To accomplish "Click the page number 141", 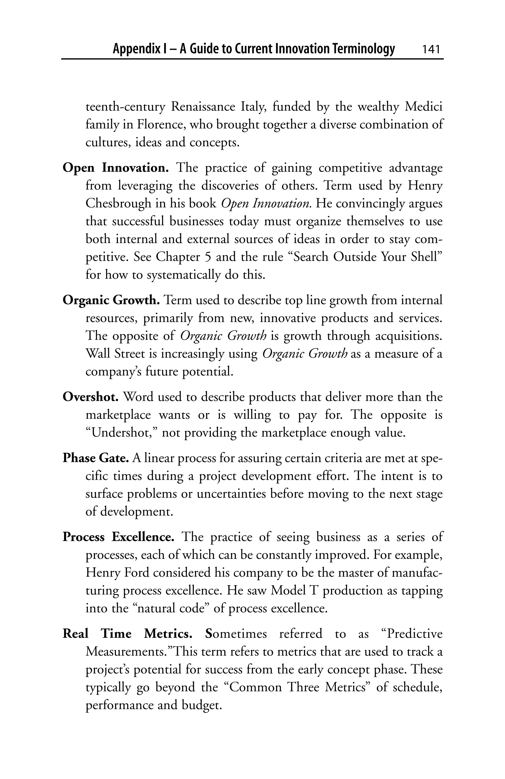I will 431,49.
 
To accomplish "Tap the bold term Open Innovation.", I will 116,168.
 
